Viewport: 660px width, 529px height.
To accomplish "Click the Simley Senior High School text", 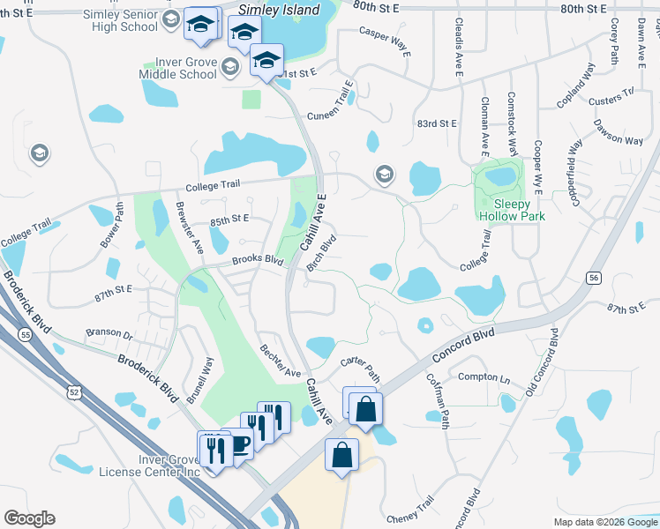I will pos(121,20).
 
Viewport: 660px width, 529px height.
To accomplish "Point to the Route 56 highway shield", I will pos(594,278).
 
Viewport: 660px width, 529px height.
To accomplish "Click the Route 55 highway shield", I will pos(24,334).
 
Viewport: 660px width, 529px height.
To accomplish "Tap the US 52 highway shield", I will pos(79,390).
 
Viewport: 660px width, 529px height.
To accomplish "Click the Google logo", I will pos(29,518).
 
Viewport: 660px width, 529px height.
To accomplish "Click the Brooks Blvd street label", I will pos(258,261).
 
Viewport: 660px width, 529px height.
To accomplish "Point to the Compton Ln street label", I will pos(484,377).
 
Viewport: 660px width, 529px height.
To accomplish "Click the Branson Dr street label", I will pos(109,334).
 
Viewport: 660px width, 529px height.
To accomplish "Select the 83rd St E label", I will pos(438,123).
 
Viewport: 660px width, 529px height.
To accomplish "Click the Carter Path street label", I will pos(360,368).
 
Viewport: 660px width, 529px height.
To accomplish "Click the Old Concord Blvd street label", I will pos(541,361).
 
